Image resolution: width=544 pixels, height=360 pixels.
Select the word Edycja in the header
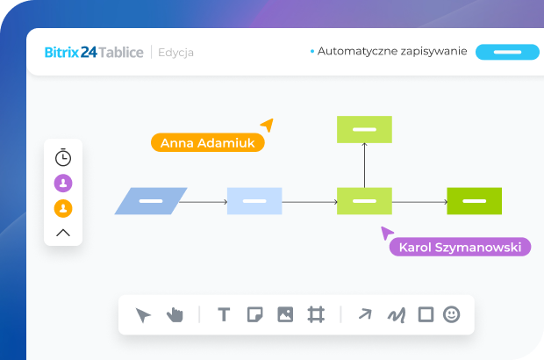pyautogui.click(x=176, y=53)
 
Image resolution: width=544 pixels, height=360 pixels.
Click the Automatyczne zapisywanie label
pyautogui.click(x=391, y=52)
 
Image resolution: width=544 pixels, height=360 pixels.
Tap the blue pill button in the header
pyautogui.click(x=507, y=52)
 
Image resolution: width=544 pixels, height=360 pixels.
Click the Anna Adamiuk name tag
pyautogui.click(x=207, y=143)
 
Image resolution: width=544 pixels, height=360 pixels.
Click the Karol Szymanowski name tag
pyautogui.click(x=461, y=247)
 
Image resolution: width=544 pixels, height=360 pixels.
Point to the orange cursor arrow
pyautogui.click(x=266, y=125)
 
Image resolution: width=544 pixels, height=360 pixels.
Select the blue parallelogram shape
pyautogui.click(x=151, y=201)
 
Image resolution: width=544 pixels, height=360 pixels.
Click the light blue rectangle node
pyautogui.click(x=254, y=201)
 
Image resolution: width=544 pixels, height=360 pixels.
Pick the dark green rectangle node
pyautogui.click(x=474, y=201)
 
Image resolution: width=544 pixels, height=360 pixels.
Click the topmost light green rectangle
pyautogui.click(x=364, y=129)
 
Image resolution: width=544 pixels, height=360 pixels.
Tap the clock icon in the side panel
pyautogui.click(x=63, y=158)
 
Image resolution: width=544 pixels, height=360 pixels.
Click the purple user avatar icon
pyautogui.click(x=63, y=184)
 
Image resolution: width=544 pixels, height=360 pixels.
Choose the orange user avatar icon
pyautogui.click(x=63, y=209)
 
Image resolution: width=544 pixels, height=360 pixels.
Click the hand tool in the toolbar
pyautogui.click(x=175, y=314)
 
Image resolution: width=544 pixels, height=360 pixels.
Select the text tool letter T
pyautogui.click(x=224, y=314)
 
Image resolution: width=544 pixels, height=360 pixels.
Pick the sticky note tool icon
pyautogui.click(x=254, y=314)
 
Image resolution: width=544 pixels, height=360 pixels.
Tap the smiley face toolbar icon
pyautogui.click(x=451, y=314)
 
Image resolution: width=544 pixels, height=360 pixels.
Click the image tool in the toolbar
pyautogui.click(x=285, y=314)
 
